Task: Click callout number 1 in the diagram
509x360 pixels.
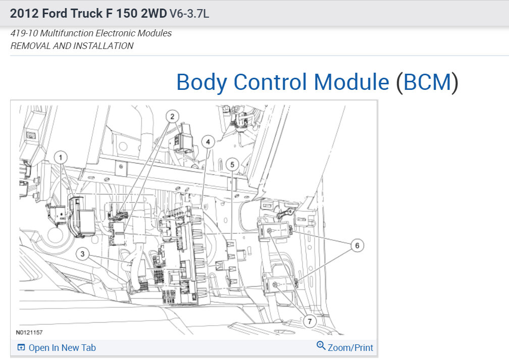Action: [x=61, y=158]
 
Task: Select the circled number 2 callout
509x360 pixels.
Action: [x=172, y=117]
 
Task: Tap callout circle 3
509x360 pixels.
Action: [x=82, y=254]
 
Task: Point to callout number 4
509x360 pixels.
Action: [x=208, y=142]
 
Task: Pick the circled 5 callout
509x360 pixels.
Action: [x=232, y=165]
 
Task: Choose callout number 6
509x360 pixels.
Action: [x=357, y=245]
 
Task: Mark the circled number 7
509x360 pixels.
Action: [x=310, y=321]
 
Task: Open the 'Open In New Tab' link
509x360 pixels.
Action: [x=62, y=348]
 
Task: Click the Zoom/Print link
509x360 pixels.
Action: [x=350, y=348]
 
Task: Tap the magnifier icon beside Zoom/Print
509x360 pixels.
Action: [x=321, y=346]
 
